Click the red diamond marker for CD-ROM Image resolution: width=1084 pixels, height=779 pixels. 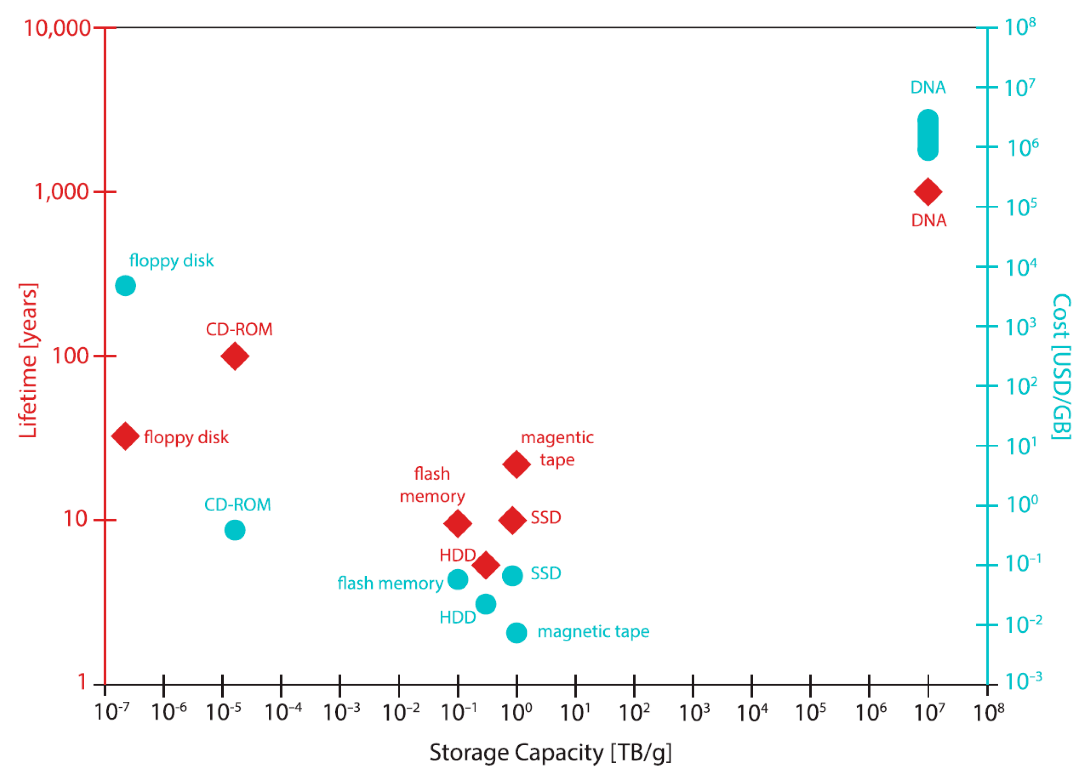(x=235, y=356)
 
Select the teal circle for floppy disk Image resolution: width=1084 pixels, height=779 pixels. (x=125, y=285)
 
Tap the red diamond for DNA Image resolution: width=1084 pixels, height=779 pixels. (x=928, y=192)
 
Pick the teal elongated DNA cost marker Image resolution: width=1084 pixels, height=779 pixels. (x=928, y=135)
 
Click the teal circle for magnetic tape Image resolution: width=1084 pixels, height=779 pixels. (x=516, y=633)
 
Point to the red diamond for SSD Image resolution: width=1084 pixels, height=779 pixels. (x=512, y=520)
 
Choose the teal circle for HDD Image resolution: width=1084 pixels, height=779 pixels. (x=486, y=604)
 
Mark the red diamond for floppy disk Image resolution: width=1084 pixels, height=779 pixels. (x=125, y=436)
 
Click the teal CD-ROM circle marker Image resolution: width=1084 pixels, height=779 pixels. (x=235, y=530)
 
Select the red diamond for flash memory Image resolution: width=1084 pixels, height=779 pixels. (x=457, y=523)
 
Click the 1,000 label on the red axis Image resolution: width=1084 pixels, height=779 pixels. (x=62, y=192)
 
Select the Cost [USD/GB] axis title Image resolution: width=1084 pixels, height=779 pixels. (x=1061, y=366)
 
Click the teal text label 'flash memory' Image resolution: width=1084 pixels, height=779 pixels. (x=390, y=583)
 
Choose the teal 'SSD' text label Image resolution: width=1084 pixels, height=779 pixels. (x=546, y=573)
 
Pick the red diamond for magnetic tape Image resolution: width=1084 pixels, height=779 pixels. (x=516, y=463)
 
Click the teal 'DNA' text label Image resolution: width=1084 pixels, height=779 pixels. (x=928, y=87)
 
